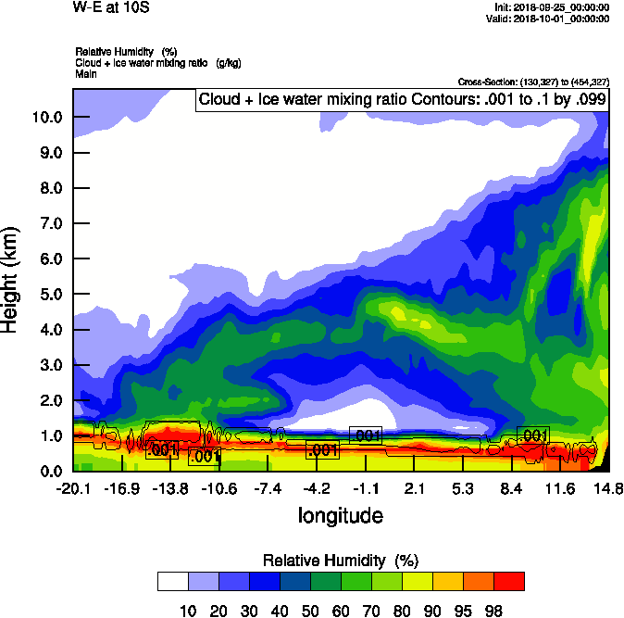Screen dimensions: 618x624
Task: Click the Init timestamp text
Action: click(552, 7)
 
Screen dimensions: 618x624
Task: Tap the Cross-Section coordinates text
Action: click(532, 82)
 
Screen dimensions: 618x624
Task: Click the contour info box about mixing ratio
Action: click(402, 100)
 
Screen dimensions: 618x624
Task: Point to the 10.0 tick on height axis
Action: click(46, 118)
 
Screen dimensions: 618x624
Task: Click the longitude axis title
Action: click(340, 514)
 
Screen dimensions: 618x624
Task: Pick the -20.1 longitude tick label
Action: click(72, 488)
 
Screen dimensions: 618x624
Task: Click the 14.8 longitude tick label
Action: click(608, 488)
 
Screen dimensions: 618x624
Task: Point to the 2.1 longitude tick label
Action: click(414, 488)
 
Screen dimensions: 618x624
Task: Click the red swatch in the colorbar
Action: click(508, 581)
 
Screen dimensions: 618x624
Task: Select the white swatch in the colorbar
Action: click(172, 581)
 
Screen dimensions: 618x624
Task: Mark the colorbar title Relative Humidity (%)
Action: click(342, 561)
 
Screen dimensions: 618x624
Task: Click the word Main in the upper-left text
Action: click(86, 73)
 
